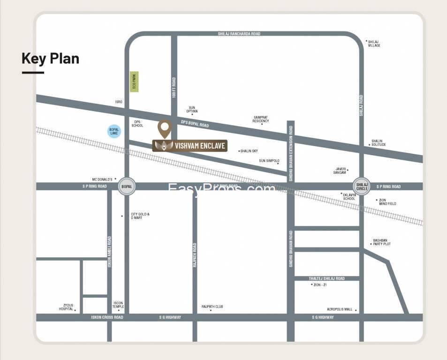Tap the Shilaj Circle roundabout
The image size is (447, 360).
[361, 186]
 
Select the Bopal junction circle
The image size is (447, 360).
[127, 186]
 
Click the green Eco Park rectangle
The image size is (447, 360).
[134, 82]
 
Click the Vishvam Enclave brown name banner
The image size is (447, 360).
[190, 146]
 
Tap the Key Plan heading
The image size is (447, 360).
[50, 59]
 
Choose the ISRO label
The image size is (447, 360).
[119, 102]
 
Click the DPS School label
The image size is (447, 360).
[137, 124]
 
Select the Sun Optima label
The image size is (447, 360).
[192, 109]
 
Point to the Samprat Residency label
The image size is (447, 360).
[261, 119]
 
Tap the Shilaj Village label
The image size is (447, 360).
[374, 44]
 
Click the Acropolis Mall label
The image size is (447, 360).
[340, 309]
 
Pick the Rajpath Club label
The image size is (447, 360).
[212, 307]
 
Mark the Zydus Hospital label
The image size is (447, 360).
[66, 307]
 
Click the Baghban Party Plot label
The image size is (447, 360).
[381, 242]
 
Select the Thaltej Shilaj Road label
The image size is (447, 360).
[326, 278]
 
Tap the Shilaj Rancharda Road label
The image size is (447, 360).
[239, 34]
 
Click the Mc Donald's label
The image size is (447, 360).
[102, 179]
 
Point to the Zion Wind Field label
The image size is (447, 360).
[387, 202]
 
